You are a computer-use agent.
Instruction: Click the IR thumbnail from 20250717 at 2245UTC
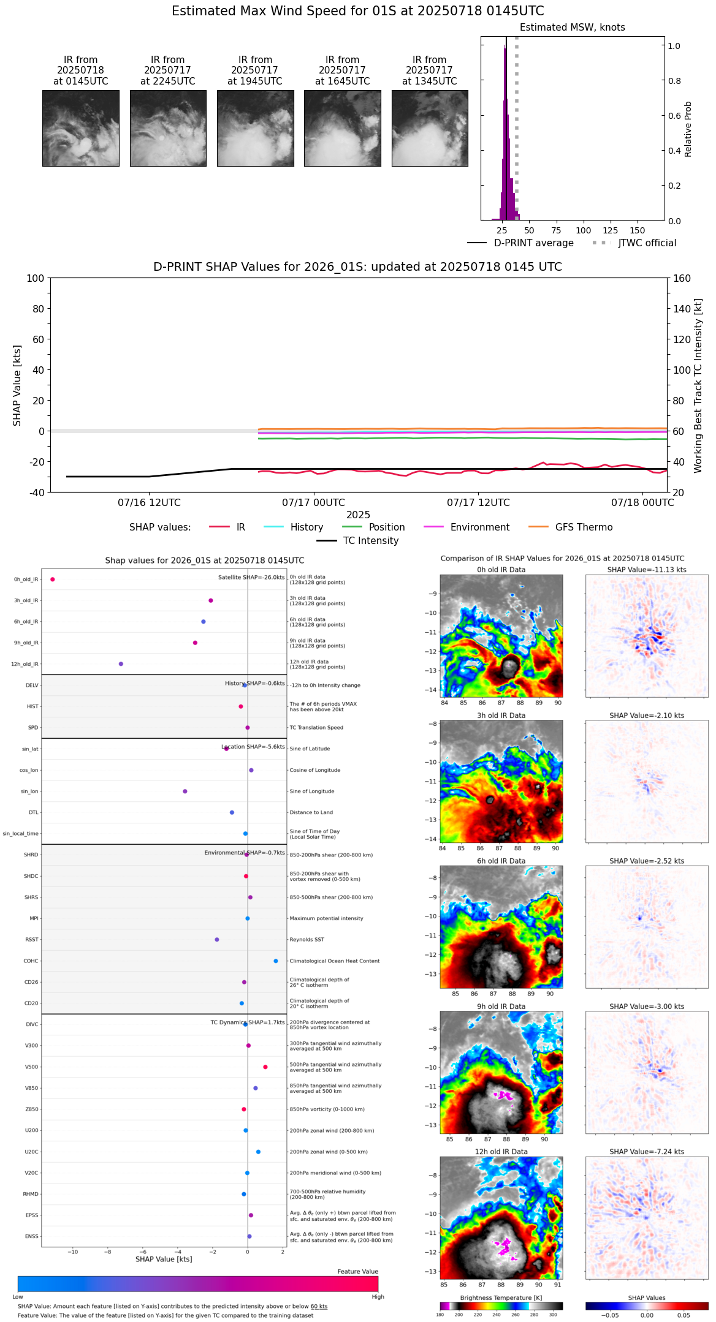[168, 128]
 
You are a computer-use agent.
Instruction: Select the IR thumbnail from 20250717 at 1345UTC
[430, 128]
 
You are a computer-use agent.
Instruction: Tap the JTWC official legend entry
[634, 243]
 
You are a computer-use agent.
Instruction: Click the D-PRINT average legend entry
[520, 243]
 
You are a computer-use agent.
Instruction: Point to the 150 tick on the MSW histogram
[638, 230]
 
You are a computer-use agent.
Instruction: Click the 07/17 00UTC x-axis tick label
[313, 503]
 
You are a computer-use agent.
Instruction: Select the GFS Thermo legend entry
[570, 527]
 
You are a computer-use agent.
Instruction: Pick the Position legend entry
[373, 527]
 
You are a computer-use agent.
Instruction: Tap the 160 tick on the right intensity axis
[682, 279]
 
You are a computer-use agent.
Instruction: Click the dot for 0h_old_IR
[53, 580]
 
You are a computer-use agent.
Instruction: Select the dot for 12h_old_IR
[121, 664]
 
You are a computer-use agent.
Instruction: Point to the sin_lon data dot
[185, 791]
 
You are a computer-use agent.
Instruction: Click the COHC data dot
[276, 961]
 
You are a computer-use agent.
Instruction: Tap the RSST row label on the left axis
[32, 940]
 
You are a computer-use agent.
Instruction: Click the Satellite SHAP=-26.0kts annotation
[251, 578]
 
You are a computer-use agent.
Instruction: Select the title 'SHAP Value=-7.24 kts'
[647, 1152]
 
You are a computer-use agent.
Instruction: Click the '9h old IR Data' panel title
[501, 1007]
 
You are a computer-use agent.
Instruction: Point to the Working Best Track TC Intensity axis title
[698, 386]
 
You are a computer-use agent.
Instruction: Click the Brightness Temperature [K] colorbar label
[501, 1297]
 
